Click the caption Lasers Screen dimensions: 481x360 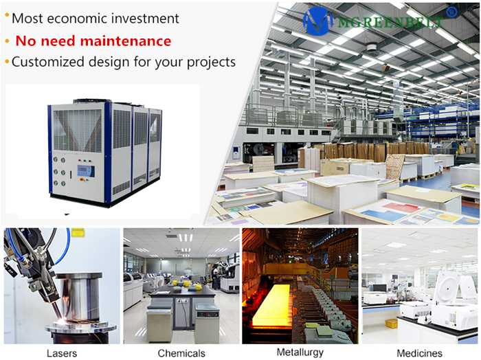pyautogui.click(x=62, y=353)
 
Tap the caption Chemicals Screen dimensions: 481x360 pyautogui.click(x=181, y=353)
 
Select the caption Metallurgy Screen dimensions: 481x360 pyautogui.click(x=300, y=352)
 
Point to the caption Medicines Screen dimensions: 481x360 pyautogui.click(x=419, y=353)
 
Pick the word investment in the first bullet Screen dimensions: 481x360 pyautogui.click(x=145, y=19)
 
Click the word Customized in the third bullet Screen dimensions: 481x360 pyautogui.click(x=48, y=62)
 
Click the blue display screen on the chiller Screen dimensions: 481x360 pyautogui.click(x=86, y=171)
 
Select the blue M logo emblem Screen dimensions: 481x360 pyautogui.click(x=317, y=21)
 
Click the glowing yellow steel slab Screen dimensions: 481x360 pyautogui.click(x=271, y=305)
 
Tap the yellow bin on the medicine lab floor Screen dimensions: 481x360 pyautogui.click(x=391, y=323)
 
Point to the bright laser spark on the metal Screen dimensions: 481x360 pyautogui.click(x=63, y=321)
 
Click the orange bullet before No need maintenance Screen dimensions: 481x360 pyautogui.click(x=8, y=41)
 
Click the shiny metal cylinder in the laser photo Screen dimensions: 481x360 pyautogui.click(x=79, y=297)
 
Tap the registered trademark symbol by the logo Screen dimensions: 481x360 pyautogui.click(x=451, y=12)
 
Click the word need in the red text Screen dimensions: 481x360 pyautogui.click(x=58, y=41)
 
